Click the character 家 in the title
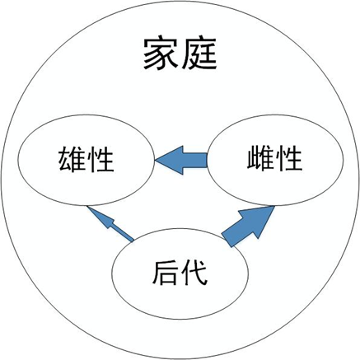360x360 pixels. pos(160,54)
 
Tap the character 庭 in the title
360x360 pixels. pos(199,54)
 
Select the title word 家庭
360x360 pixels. pos(180,54)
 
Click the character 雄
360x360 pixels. pos(72,159)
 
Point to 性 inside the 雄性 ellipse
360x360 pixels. pos(101,159)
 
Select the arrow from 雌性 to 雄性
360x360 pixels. pos(181,160)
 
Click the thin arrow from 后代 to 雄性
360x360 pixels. pos(110,224)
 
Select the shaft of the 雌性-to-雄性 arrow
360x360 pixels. pos(195,160)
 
